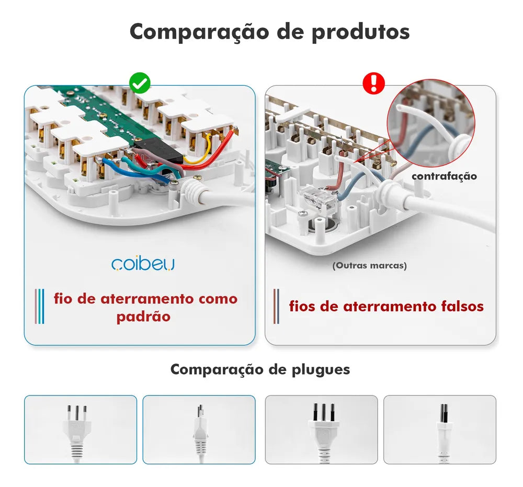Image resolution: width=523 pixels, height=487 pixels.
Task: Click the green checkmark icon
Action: [x=140, y=83]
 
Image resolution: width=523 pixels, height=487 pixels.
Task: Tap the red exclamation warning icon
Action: [x=373, y=83]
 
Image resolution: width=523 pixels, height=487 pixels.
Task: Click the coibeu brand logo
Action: [x=143, y=264]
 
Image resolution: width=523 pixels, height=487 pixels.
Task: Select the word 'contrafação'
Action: [x=444, y=176]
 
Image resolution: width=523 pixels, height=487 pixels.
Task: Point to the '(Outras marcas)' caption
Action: [x=370, y=266]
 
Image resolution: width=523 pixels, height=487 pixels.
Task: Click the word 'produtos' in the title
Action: [x=360, y=32]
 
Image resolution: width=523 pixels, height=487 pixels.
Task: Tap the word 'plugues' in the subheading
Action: [x=321, y=370]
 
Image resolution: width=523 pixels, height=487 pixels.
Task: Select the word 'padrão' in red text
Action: [x=143, y=317]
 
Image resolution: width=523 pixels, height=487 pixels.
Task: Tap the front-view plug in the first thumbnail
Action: [x=77, y=432]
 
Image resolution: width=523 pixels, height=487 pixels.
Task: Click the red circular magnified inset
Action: [x=431, y=123]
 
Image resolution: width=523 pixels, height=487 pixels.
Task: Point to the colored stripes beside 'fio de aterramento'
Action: [x=39, y=306]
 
